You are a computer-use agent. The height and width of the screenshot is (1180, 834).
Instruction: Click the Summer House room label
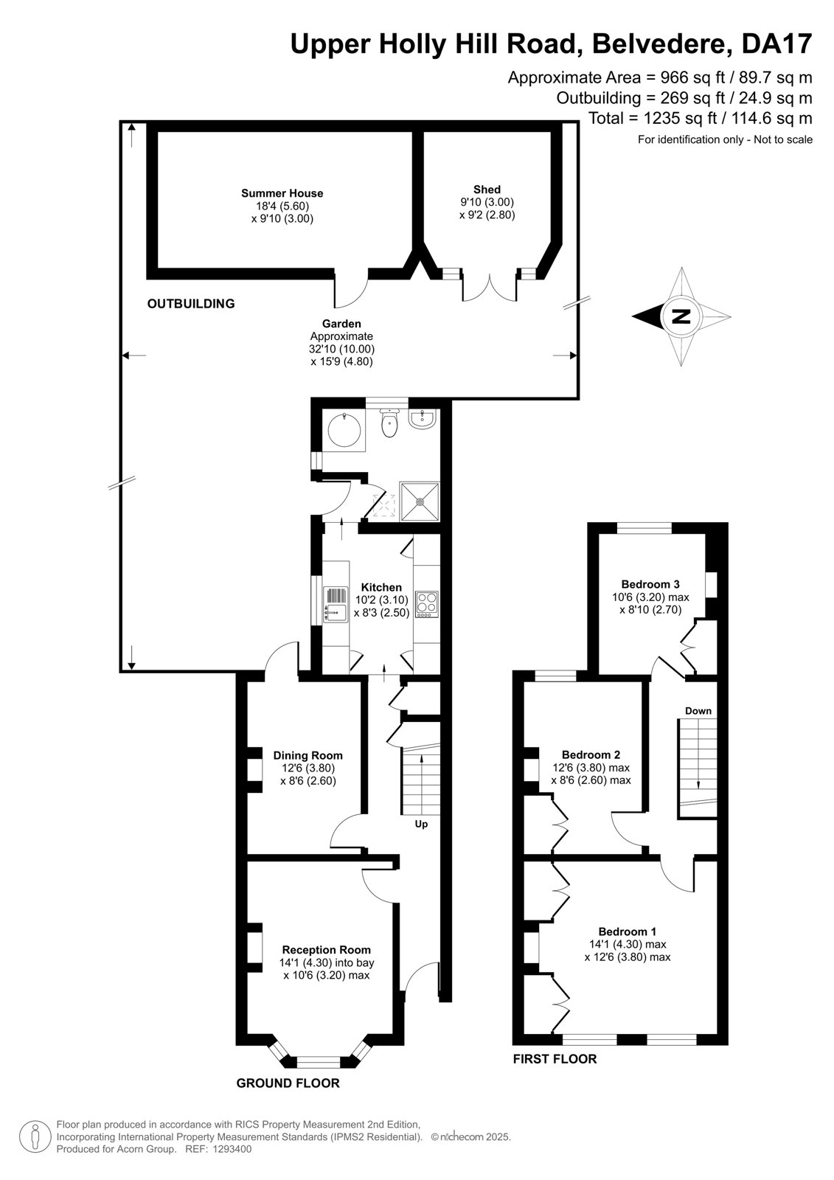(x=282, y=193)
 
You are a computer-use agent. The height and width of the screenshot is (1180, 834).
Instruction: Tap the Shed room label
(x=487, y=189)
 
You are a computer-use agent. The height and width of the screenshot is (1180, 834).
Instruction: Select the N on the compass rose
(x=682, y=316)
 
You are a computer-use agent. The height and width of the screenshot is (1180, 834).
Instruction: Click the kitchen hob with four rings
(x=427, y=604)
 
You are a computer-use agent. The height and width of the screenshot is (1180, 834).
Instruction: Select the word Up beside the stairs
(x=421, y=824)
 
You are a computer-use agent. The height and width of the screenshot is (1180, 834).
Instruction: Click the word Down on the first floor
(x=698, y=711)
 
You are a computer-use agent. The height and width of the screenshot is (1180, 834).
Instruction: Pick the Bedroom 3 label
(x=650, y=583)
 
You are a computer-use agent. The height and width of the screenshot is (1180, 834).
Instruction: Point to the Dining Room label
(x=307, y=755)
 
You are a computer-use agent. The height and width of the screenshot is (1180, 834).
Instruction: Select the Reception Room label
(x=326, y=949)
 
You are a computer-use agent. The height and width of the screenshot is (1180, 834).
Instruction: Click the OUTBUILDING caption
(x=191, y=303)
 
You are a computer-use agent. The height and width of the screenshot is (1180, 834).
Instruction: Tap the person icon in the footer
(x=35, y=1136)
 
